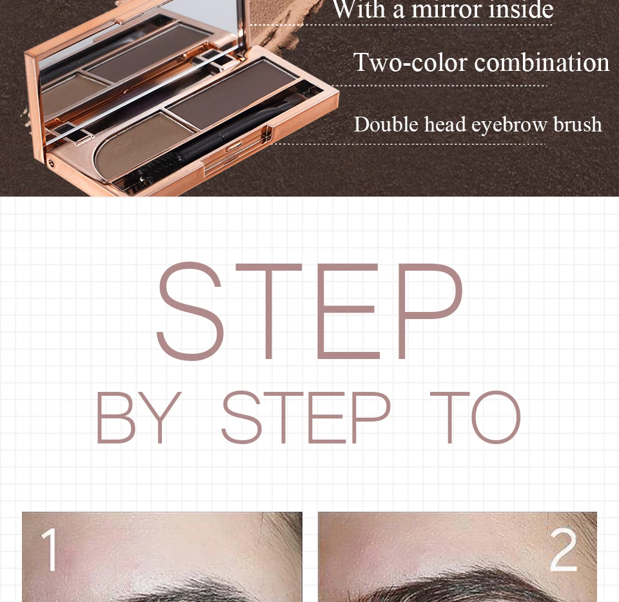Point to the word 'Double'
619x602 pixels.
[x=386, y=124]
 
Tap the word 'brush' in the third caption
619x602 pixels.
[x=577, y=124]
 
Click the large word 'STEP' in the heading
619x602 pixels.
[x=309, y=311]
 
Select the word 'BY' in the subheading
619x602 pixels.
[x=139, y=418]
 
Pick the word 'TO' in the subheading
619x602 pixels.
[x=475, y=418]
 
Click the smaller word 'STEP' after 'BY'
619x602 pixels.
[x=306, y=418]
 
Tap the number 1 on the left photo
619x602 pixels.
[x=50, y=550]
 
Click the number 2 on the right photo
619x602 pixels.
[x=564, y=549]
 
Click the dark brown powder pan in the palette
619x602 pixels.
[x=233, y=95]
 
